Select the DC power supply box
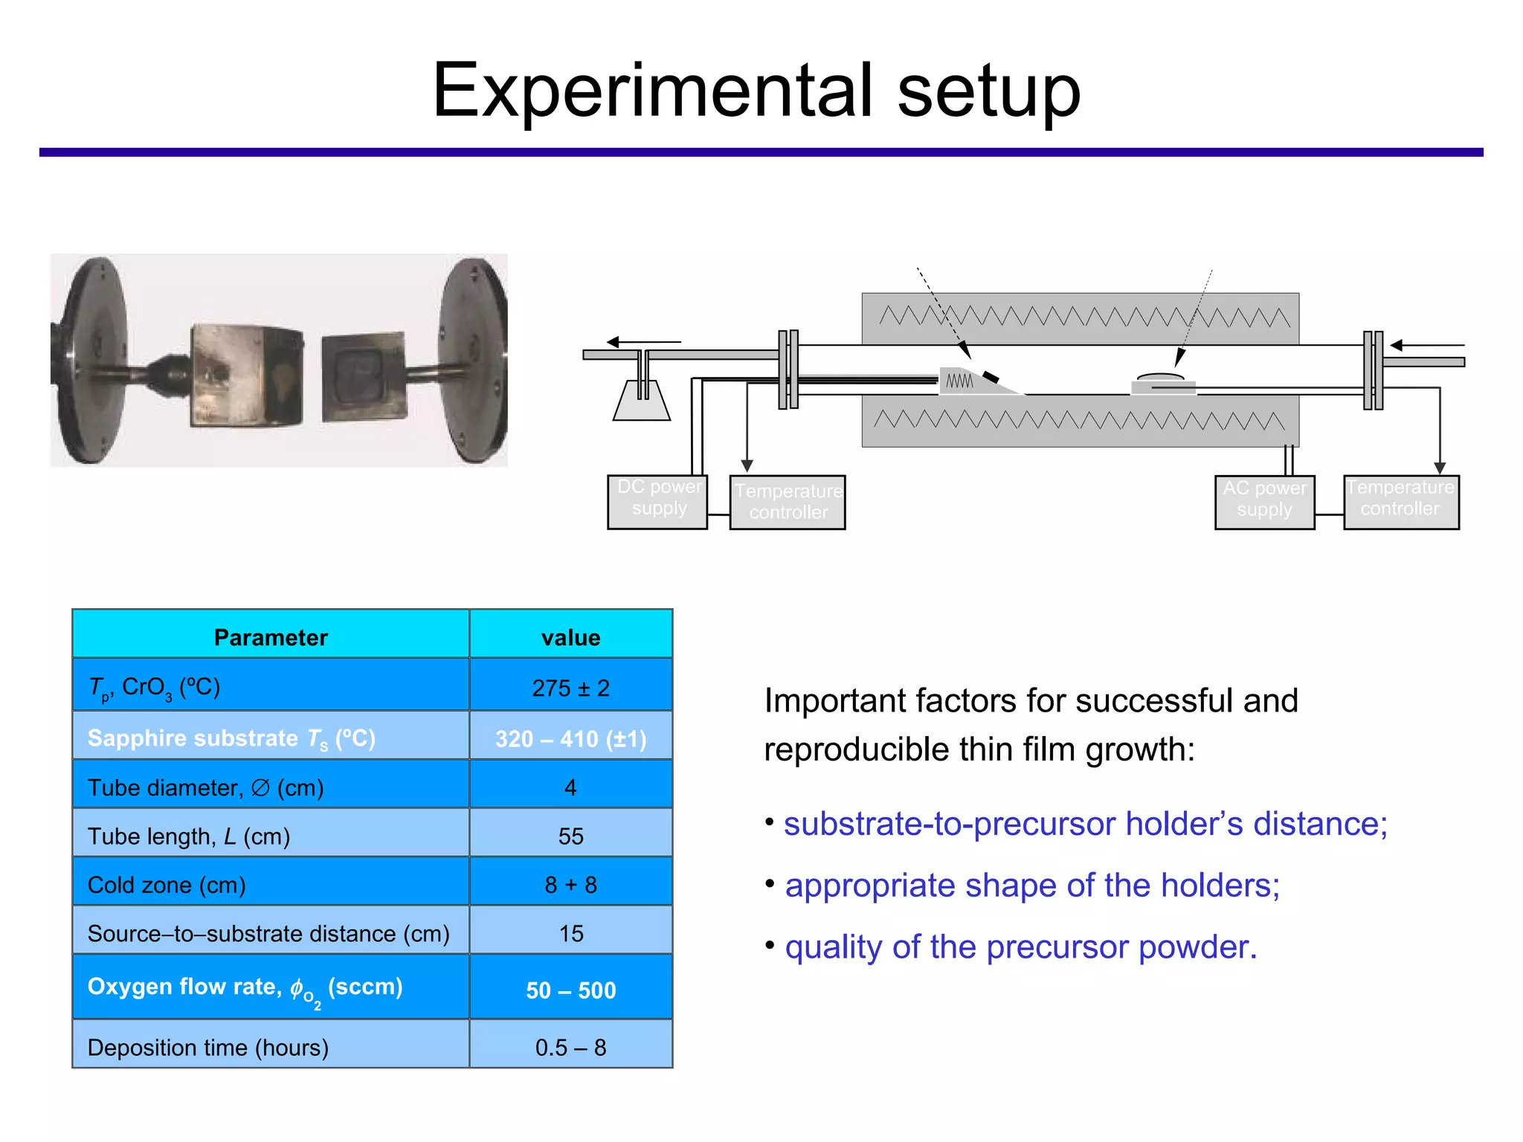pyautogui.click(x=657, y=502)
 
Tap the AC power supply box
pyautogui.click(x=1264, y=502)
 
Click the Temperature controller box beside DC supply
pyautogui.click(x=788, y=502)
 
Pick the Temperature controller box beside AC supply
pyautogui.click(x=1401, y=502)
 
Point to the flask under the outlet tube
pyautogui.click(x=642, y=402)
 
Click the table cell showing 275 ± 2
pyautogui.click(x=570, y=687)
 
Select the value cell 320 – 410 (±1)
pyautogui.click(x=570, y=738)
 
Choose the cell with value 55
pyautogui.click(x=570, y=836)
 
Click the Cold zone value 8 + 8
pyautogui.click(x=570, y=885)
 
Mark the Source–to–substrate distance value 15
pyautogui.click(x=570, y=933)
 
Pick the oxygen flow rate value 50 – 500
pyautogui.click(x=570, y=990)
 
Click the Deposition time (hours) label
pyautogui.click(x=208, y=1047)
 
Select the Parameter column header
pyautogui.click(x=271, y=637)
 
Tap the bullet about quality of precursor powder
pyautogui.click(x=1020, y=947)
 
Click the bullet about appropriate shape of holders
pyautogui.click(x=1032, y=885)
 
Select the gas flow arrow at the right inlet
pyautogui.click(x=1426, y=345)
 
